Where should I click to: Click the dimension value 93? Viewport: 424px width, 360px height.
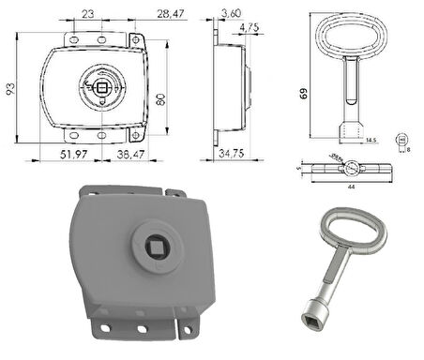[8, 90]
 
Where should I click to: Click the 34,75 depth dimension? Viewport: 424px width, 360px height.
[233, 153]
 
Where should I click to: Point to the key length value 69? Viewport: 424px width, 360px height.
[306, 94]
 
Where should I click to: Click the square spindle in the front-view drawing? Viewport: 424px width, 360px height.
[101, 89]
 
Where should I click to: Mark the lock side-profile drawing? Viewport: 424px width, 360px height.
[233, 89]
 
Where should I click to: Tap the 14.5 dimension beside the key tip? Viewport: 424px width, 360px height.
[372, 140]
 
